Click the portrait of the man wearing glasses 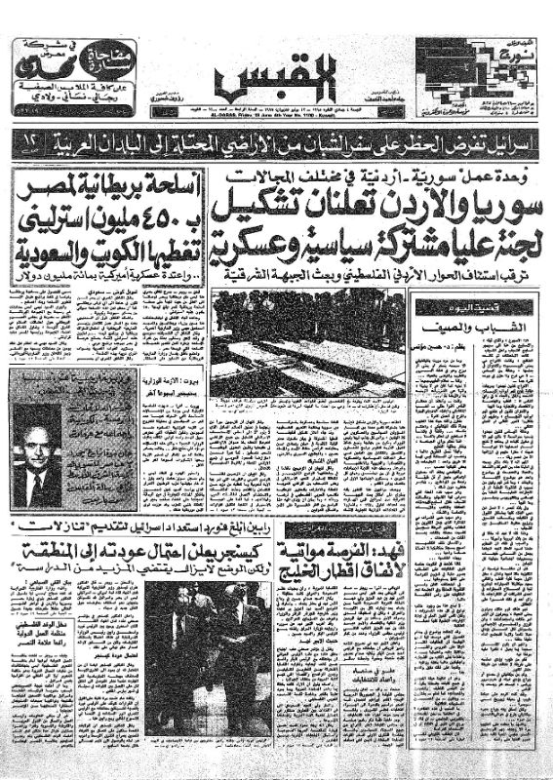(x=39, y=448)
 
